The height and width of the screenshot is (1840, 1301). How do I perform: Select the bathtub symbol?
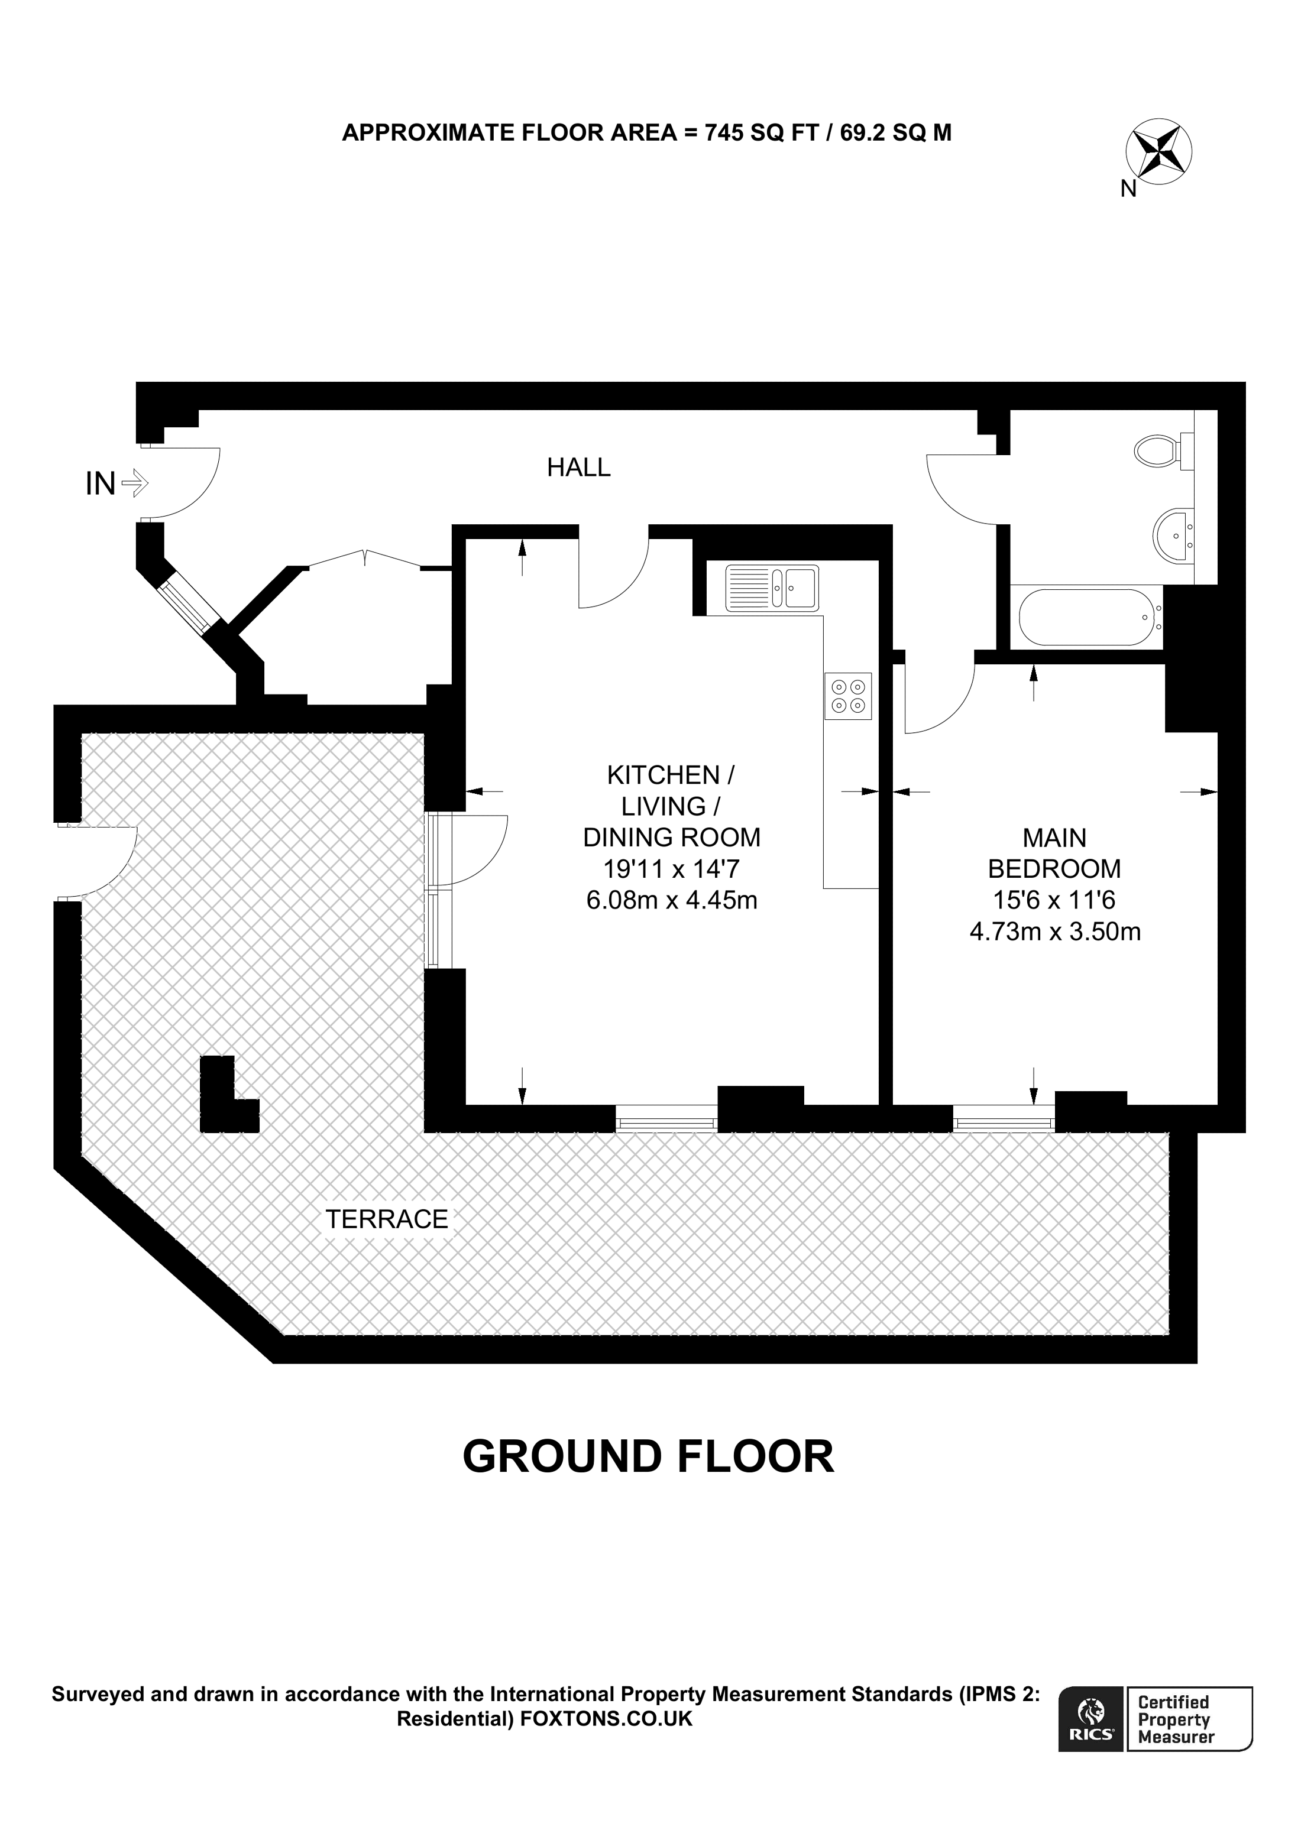(x=1086, y=617)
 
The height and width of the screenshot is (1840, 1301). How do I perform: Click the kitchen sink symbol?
(x=771, y=588)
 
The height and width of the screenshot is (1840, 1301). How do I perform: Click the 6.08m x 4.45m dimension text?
(x=672, y=900)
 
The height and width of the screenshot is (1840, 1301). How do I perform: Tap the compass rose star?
(x=1158, y=151)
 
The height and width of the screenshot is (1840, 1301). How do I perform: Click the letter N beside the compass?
(x=1128, y=189)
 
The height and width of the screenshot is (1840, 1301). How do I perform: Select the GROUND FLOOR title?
(x=649, y=1456)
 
